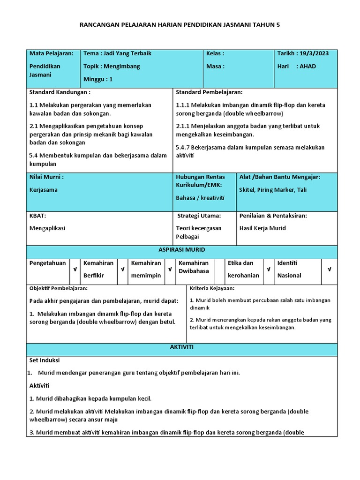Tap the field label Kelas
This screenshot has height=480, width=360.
pos(215,53)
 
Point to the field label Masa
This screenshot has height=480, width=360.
pos(215,66)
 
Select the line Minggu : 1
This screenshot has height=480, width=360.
pos(98,79)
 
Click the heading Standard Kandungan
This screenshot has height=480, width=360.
pos(60,92)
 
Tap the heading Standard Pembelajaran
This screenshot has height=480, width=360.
pos(209,92)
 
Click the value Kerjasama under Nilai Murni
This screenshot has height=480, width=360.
pos(44,190)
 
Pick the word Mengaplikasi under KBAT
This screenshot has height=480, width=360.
pos(47,228)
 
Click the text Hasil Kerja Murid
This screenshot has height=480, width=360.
pos(262,228)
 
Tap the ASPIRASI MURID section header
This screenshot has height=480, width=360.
pos(181,250)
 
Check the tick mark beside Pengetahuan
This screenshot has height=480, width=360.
pos(74,270)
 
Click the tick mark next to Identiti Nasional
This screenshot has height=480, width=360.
pos(329,270)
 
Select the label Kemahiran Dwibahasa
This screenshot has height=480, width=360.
pos(194,267)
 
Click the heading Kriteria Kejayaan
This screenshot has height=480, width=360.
pos(212,288)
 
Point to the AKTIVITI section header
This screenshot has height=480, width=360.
pos(181,347)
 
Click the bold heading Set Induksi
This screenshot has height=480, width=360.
pos(45,360)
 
